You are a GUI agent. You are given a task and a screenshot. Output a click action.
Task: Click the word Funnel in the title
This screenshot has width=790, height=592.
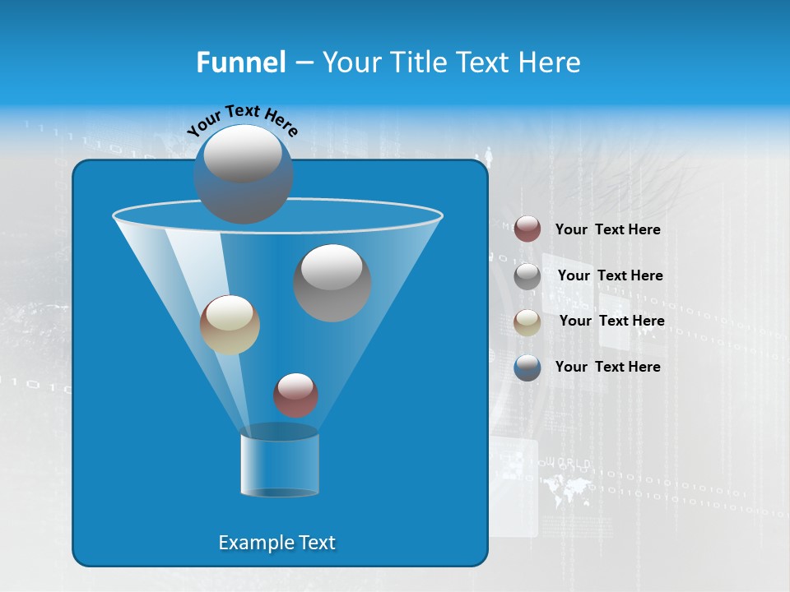[x=240, y=62]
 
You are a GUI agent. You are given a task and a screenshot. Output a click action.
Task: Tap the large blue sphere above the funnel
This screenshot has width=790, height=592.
[x=244, y=173]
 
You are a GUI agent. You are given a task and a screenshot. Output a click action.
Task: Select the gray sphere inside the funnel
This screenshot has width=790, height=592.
[x=332, y=282]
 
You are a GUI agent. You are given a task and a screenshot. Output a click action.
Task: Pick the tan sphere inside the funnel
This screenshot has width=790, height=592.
[x=230, y=325]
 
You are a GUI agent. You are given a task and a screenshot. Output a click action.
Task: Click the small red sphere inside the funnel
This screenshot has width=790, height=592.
[x=295, y=395]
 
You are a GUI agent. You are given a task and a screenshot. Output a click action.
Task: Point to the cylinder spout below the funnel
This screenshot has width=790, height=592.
[x=280, y=465]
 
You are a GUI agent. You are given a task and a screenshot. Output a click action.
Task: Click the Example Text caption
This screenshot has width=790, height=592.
[x=276, y=543]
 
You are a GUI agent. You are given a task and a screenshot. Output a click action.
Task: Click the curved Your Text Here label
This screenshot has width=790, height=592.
[x=242, y=119]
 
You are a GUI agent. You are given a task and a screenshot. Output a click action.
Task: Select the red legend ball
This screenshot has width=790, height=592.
[x=527, y=229]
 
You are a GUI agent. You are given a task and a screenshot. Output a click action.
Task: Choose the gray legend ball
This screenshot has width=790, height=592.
[x=527, y=276]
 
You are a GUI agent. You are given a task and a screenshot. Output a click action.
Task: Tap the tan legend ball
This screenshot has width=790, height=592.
[x=527, y=322]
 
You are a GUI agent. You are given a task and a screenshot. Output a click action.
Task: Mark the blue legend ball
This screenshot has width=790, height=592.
[x=527, y=368]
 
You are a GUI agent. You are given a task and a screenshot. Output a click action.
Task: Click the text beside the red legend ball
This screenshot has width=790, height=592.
[x=607, y=230]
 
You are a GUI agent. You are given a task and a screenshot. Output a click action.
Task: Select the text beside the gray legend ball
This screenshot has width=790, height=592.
[x=610, y=275]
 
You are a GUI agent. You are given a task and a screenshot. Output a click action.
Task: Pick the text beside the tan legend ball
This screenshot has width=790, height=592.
[x=611, y=321]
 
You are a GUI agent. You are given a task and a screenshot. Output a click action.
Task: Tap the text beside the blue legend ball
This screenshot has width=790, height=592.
[x=607, y=367]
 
